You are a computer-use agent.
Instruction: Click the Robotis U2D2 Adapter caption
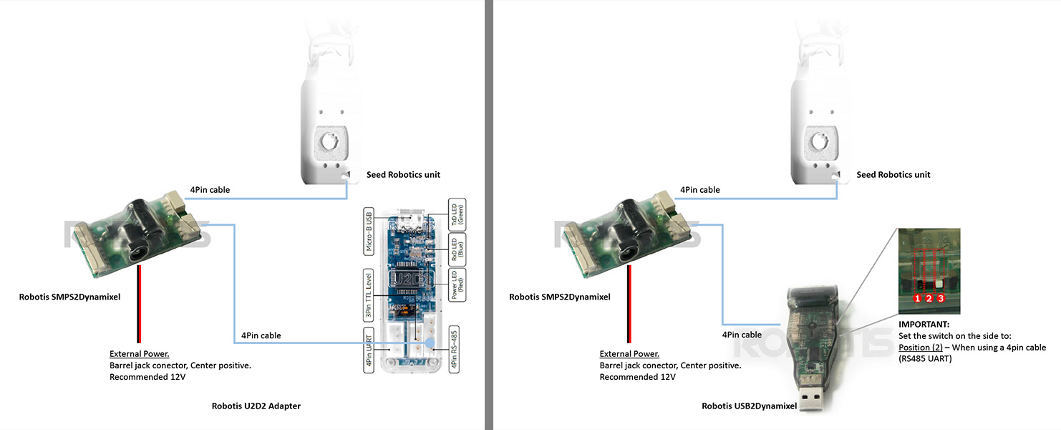click(256, 406)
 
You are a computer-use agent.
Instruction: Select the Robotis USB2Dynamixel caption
click(749, 406)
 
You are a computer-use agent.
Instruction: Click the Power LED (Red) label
click(457, 285)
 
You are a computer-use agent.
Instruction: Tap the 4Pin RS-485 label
click(455, 349)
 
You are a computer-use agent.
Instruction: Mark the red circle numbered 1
click(917, 297)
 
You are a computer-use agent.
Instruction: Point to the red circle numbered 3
click(941, 297)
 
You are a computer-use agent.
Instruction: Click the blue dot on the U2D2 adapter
click(430, 343)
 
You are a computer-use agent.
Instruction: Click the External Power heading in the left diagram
click(139, 354)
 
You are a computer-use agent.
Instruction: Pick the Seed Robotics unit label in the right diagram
click(893, 175)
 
